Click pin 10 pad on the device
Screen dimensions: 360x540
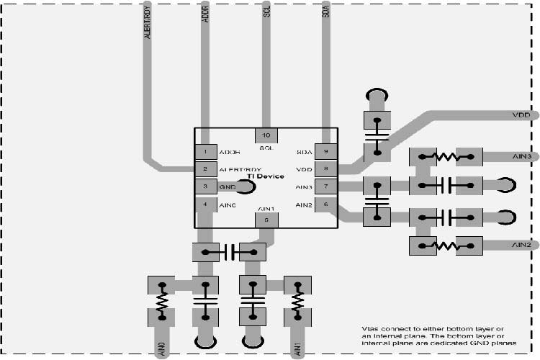tap(266, 135)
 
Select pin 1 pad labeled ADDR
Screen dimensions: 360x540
tap(206, 152)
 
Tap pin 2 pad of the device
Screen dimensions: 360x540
tap(206, 169)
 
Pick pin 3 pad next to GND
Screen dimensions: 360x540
tap(206, 186)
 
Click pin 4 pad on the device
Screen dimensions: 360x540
tap(206, 204)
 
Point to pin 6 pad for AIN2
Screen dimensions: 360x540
tap(325, 204)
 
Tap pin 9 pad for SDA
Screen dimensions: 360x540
tap(325, 152)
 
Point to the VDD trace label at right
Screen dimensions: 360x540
tap(521, 114)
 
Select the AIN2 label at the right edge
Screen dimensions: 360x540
tap(521, 245)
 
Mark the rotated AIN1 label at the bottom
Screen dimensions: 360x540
tap(297, 350)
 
